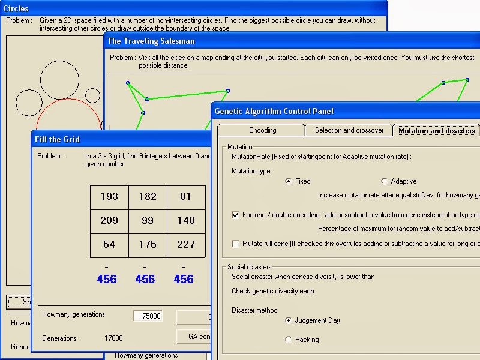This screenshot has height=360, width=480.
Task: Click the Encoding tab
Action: [x=262, y=130]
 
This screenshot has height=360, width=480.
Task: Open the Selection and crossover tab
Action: [x=349, y=130]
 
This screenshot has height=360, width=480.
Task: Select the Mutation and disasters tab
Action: [x=436, y=130]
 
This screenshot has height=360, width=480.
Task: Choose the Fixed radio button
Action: [x=289, y=181]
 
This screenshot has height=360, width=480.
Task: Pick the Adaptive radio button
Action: [x=384, y=181]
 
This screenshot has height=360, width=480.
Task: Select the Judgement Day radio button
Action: [x=289, y=320]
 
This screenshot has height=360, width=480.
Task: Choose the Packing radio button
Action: [x=289, y=340]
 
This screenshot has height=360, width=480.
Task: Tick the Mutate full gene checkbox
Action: [x=235, y=244]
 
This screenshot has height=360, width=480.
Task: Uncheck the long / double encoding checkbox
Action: [x=235, y=214]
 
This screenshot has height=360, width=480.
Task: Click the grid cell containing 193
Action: [x=109, y=197]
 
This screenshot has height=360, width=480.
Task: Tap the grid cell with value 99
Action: [x=148, y=221]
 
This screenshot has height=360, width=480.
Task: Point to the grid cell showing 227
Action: [x=186, y=245]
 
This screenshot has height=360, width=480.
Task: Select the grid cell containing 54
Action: [x=109, y=245]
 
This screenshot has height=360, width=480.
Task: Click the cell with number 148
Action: [x=186, y=221]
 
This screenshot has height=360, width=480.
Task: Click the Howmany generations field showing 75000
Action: [x=148, y=316]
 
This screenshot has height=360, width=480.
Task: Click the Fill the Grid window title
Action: [x=58, y=139]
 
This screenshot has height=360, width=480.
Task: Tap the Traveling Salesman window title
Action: [x=151, y=41]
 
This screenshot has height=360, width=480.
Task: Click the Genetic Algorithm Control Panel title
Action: [x=274, y=111]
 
